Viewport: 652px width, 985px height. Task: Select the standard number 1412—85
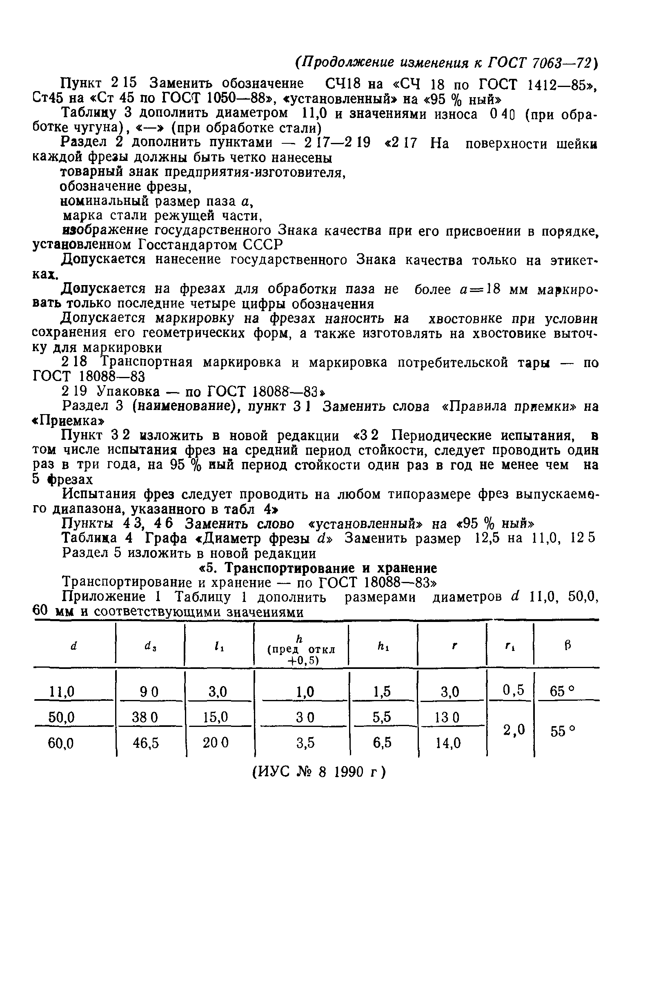click(x=558, y=85)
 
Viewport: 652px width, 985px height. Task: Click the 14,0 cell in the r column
click(x=448, y=743)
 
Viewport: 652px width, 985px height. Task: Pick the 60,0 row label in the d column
click(x=61, y=743)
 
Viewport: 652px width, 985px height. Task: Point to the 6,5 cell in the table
click(x=382, y=743)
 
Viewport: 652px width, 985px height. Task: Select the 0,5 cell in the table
click(x=513, y=691)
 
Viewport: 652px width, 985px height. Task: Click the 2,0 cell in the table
click(x=513, y=730)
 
